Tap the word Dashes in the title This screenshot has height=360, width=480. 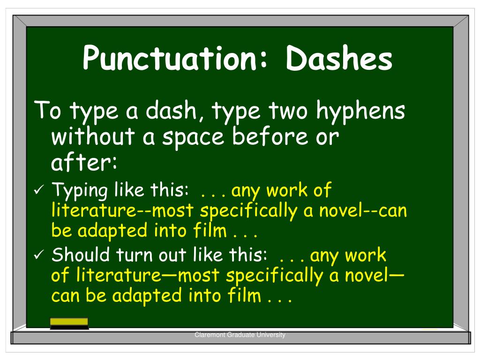[339, 59]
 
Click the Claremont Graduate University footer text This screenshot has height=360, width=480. [240, 335]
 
